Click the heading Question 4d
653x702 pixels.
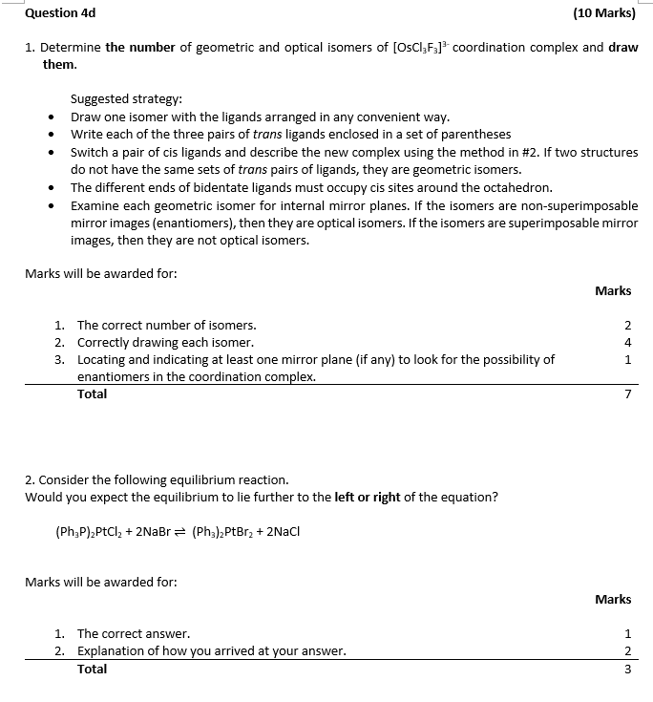click(x=60, y=13)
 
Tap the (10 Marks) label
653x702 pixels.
click(x=604, y=13)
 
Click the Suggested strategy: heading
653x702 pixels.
click(x=126, y=98)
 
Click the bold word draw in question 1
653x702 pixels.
click(x=622, y=47)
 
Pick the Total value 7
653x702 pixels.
click(x=627, y=394)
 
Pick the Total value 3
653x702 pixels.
click(x=627, y=670)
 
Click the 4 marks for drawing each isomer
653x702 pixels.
click(x=627, y=342)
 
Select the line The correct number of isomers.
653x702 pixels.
click(x=166, y=325)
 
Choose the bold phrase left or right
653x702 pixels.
click(x=368, y=498)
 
